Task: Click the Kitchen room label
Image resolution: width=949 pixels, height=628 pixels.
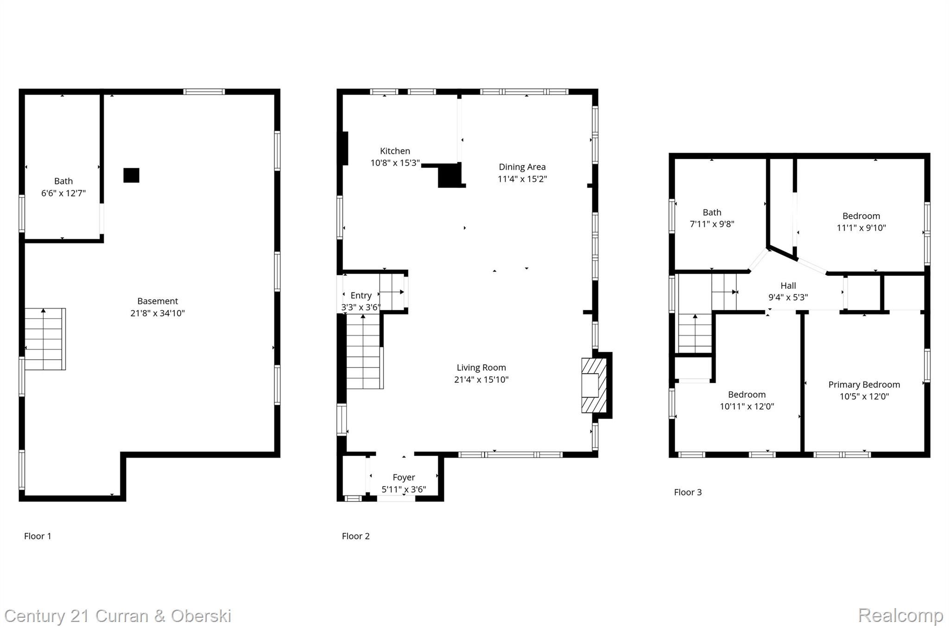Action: [x=395, y=151]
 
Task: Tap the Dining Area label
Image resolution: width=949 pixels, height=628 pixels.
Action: [x=522, y=167]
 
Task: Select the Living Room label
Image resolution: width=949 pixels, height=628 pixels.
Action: [x=481, y=368]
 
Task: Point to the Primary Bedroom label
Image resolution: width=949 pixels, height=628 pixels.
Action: [x=864, y=385]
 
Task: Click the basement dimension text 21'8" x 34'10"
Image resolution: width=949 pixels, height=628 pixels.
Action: [x=158, y=313]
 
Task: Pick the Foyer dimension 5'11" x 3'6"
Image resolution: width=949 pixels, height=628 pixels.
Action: [x=404, y=489]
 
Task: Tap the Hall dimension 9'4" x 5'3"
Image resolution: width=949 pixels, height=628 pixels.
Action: [x=788, y=298]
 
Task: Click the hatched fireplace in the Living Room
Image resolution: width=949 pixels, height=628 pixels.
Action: [x=594, y=385]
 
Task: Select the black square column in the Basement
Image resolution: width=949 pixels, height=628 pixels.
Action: [x=131, y=175]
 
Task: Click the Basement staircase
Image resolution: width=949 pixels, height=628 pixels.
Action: [x=44, y=339]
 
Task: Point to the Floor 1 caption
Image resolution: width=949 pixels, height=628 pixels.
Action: [x=38, y=536]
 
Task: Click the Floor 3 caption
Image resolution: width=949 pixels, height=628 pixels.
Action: [x=688, y=492]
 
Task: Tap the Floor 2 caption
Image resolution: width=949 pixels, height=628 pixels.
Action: [x=355, y=536]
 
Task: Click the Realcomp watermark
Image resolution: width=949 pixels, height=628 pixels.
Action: [x=900, y=615]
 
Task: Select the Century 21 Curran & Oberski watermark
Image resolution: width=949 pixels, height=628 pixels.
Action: [x=118, y=616]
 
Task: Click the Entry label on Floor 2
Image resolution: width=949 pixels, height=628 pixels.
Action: [x=361, y=296]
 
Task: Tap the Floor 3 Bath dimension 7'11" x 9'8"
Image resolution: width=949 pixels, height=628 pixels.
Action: [x=712, y=224]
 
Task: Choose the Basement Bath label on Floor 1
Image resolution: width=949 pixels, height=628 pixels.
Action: [x=63, y=181]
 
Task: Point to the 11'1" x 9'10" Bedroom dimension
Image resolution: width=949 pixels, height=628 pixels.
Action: [x=861, y=228]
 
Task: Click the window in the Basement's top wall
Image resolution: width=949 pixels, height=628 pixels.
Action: [x=204, y=92]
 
